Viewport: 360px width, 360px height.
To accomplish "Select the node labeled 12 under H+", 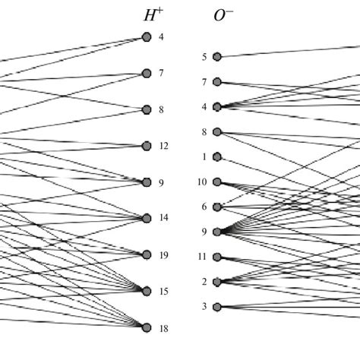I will click(x=147, y=146).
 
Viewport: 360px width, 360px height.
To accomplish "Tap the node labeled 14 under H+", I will click(x=147, y=218).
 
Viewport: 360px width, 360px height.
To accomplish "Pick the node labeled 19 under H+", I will click(x=147, y=254).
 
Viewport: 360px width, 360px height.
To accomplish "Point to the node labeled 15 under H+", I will click(x=147, y=291).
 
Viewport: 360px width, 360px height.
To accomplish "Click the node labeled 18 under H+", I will click(x=147, y=327).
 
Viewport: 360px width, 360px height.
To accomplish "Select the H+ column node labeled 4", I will click(x=147, y=36).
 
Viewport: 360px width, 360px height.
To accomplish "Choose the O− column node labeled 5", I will click(x=217, y=56).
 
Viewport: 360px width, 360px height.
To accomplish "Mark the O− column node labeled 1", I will click(x=217, y=157).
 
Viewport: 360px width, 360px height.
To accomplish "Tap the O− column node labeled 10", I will click(x=217, y=182).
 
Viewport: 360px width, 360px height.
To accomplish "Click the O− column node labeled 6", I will click(x=217, y=207).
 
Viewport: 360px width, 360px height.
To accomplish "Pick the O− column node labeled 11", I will click(x=217, y=257).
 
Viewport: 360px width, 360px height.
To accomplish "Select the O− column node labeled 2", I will click(x=217, y=282).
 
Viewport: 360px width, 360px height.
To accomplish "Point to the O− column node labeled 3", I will click(x=217, y=307).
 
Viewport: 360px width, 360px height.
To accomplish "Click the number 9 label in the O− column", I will click(x=204, y=232).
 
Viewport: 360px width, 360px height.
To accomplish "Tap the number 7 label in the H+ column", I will click(x=162, y=74).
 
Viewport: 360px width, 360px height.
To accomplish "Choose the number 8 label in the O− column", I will click(x=204, y=132).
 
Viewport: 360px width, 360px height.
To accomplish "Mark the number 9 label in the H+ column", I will click(x=162, y=182).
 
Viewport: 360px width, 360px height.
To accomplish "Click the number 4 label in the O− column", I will click(x=204, y=107).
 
